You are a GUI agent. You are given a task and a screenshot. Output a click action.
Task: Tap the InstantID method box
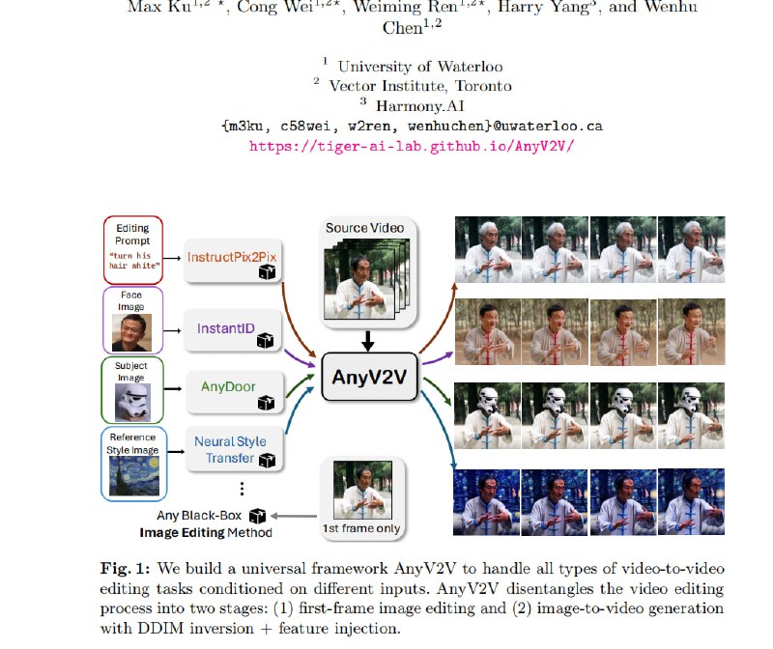pyautogui.click(x=229, y=330)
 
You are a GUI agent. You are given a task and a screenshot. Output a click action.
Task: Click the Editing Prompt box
pyautogui.click(x=132, y=249)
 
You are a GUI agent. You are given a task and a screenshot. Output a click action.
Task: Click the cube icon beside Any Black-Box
pyautogui.click(x=257, y=516)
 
